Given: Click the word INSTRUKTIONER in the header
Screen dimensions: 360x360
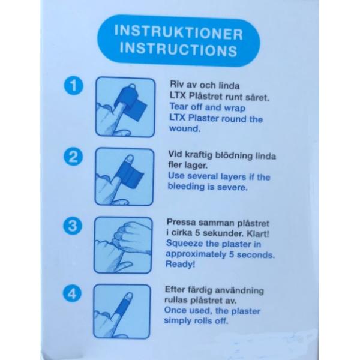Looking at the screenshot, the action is [179, 32].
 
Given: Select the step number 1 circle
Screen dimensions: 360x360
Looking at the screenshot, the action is [73, 86].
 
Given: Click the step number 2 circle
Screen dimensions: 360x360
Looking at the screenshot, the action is [73, 157].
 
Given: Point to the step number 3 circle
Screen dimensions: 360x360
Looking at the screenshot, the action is [73, 226].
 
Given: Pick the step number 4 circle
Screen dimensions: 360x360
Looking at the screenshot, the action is [72, 293].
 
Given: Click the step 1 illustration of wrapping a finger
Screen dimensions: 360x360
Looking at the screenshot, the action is [125, 107].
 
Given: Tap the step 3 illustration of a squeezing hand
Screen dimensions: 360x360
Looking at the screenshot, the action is [123, 245].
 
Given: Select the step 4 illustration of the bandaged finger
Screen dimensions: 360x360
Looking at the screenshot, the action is [122, 311].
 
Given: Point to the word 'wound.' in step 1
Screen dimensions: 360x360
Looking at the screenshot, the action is [185, 128].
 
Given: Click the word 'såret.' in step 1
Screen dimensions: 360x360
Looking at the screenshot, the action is [257, 97].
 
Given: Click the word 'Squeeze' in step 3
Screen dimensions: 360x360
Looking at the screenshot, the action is [185, 244].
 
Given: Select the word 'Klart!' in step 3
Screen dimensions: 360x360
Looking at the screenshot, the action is [257, 234].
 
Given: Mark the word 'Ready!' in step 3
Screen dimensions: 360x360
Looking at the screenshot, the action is [181, 264].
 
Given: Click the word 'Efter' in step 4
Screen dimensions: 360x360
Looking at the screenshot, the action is [175, 289].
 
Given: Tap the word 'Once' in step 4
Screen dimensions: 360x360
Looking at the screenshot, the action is [175, 310].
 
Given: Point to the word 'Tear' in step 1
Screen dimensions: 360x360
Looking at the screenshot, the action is [179, 106].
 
